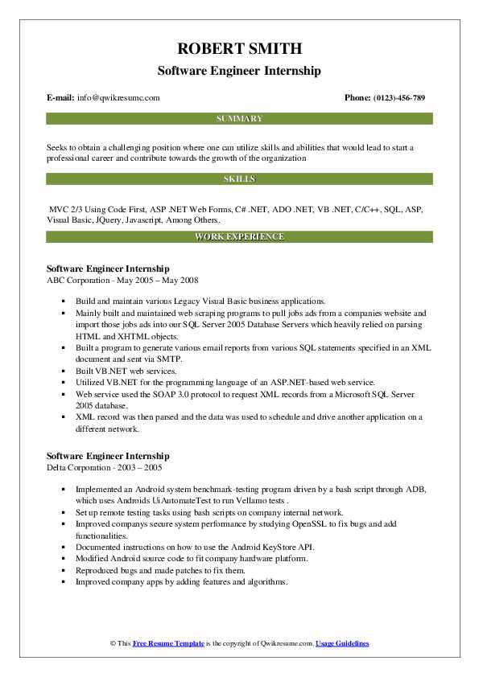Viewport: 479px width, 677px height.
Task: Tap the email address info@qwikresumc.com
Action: coord(119,98)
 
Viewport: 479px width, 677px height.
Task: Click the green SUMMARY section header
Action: coord(239,118)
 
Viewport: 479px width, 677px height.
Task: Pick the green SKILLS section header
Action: coord(239,178)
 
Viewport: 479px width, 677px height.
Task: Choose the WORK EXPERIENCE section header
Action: coord(239,237)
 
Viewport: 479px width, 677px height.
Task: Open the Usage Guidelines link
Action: coord(342,643)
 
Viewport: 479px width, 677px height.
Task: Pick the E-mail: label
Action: coord(61,98)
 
